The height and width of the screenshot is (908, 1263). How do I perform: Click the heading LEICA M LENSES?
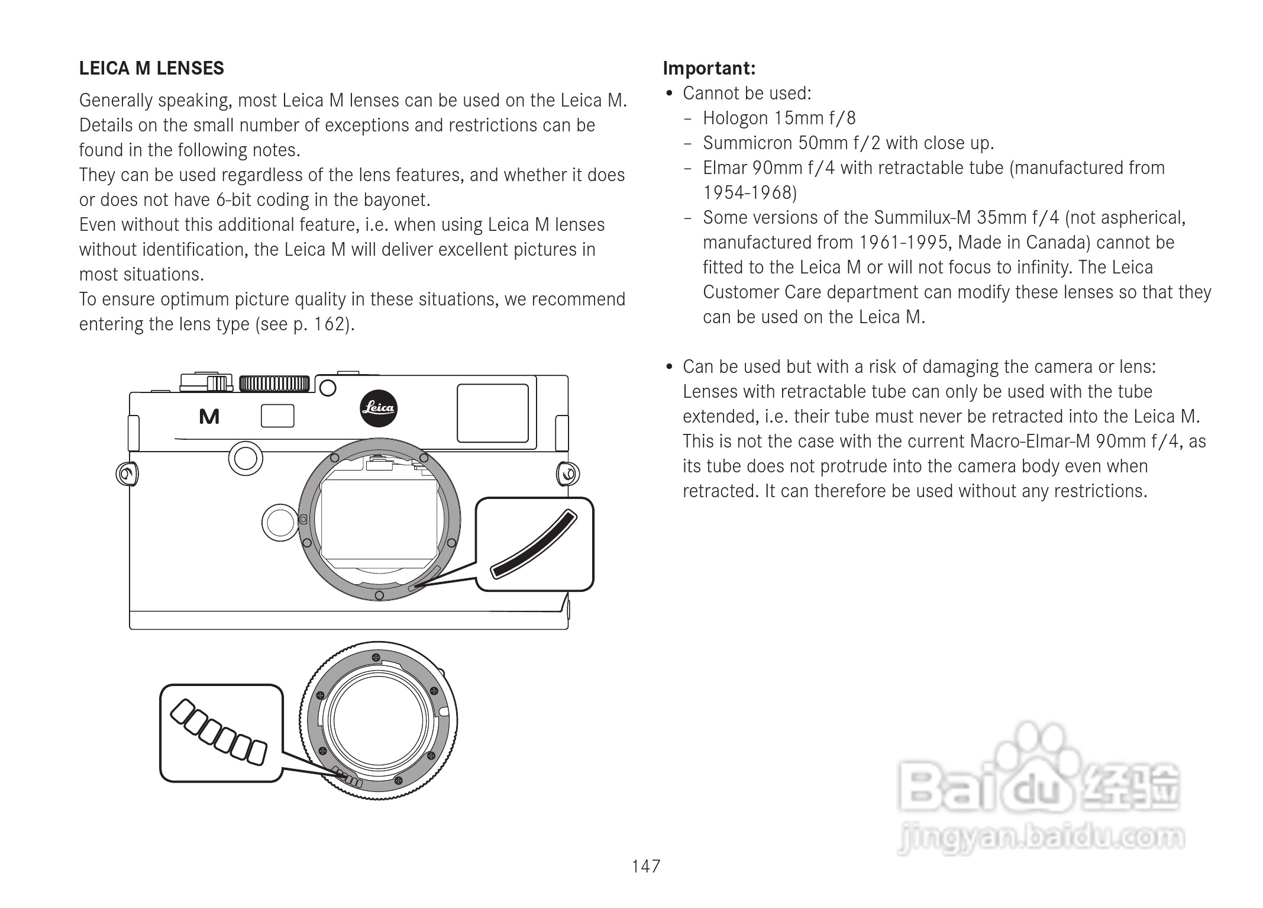click(151, 69)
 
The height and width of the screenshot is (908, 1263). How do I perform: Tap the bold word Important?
click(709, 69)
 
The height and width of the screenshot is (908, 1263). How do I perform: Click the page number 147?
click(645, 867)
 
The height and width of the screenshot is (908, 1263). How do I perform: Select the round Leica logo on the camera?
click(378, 408)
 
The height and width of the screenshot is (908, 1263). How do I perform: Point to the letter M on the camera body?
click(209, 417)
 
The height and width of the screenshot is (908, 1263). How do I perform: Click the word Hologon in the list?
click(735, 118)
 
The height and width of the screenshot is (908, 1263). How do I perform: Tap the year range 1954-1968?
click(750, 193)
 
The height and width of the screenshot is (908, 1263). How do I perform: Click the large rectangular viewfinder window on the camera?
click(492, 413)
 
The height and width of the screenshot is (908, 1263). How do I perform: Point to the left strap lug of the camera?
click(127, 474)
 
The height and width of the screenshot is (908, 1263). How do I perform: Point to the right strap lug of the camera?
click(567, 474)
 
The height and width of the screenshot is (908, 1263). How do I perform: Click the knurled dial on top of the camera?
click(274, 384)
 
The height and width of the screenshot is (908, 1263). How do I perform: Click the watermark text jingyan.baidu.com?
click(1041, 838)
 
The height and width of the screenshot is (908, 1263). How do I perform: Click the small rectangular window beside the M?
click(277, 416)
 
